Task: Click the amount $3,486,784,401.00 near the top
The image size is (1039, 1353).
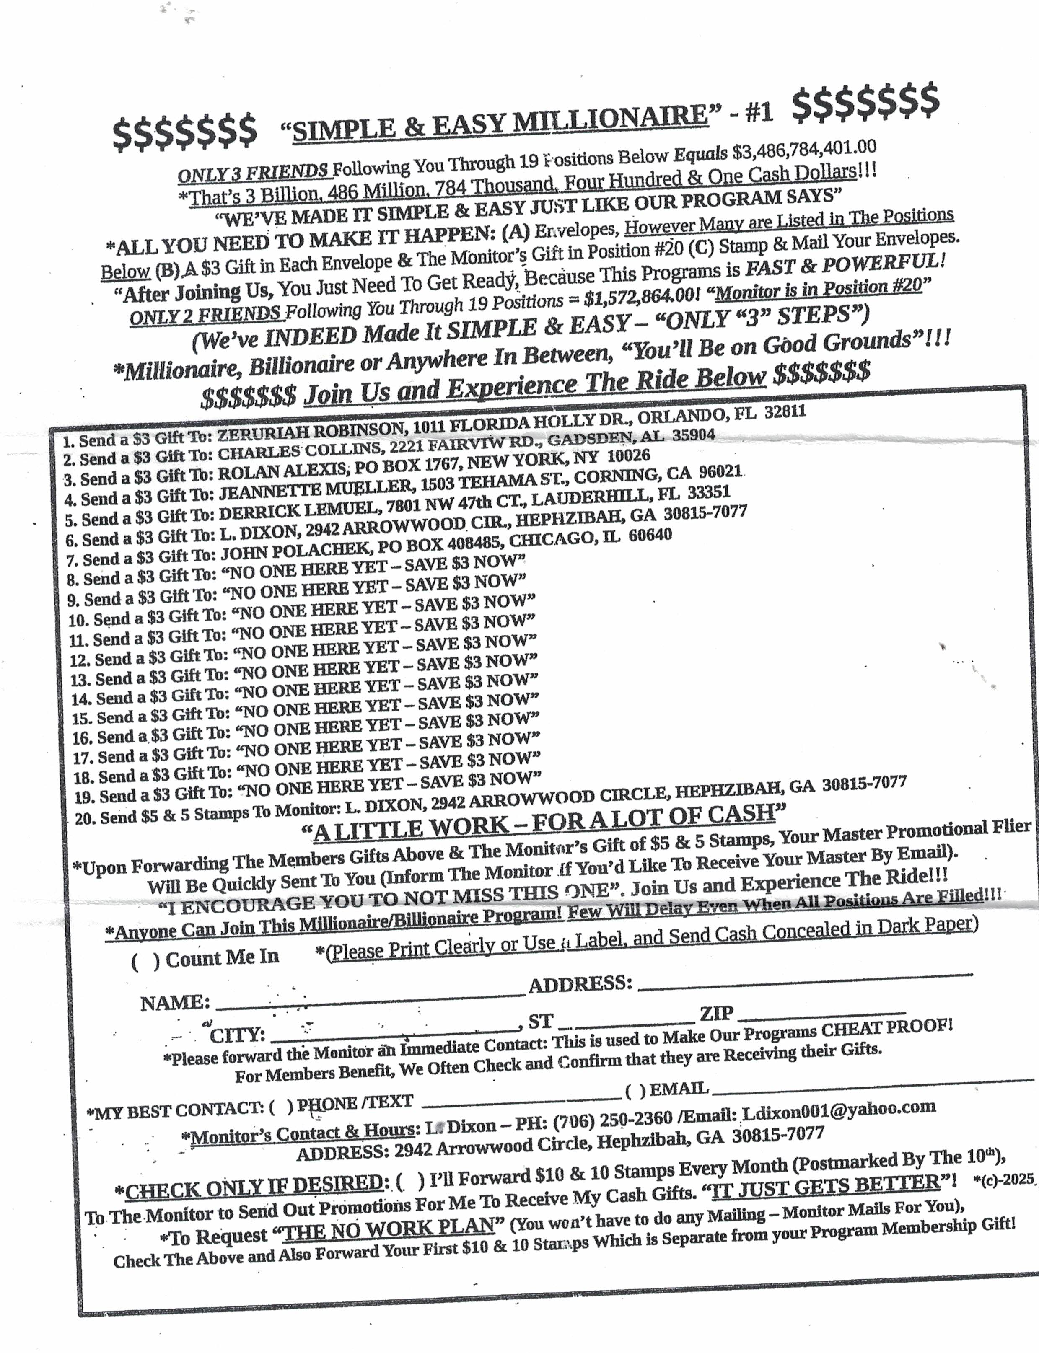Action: [x=804, y=149]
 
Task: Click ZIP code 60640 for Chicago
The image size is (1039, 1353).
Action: [x=650, y=535]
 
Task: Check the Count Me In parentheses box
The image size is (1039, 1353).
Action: [x=145, y=961]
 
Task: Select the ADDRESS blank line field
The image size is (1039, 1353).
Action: [x=804, y=979]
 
